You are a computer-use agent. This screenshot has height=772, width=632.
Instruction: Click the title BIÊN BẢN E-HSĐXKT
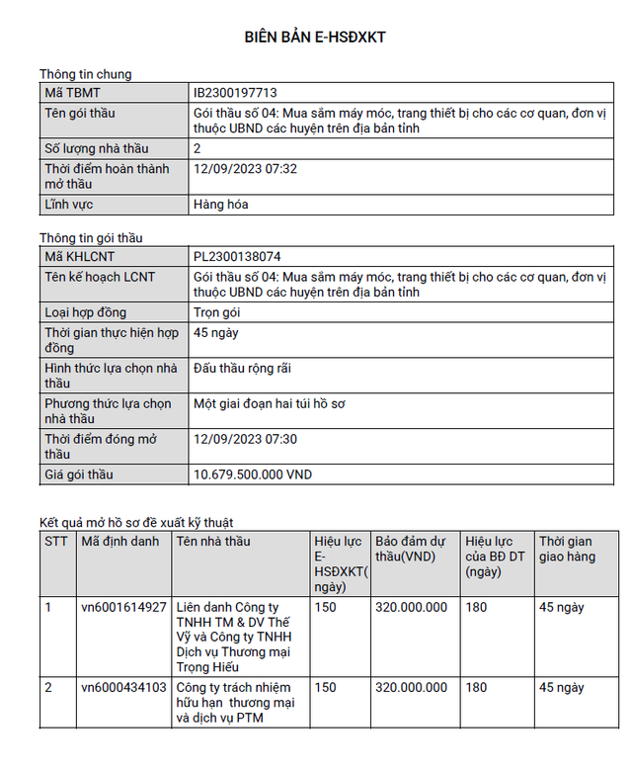(315, 38)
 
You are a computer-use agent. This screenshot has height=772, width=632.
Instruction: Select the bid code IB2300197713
(237, 93)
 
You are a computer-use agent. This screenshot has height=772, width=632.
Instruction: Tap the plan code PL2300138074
(238, 257)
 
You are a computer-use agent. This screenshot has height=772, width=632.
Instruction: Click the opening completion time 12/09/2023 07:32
(246, 169)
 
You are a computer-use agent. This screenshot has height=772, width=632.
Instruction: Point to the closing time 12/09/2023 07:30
(246, 439)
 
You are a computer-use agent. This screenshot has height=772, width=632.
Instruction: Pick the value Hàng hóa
(221, 205)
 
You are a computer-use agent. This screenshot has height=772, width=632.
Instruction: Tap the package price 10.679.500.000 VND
(253, 474)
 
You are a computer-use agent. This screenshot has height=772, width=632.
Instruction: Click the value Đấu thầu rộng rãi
(243, 369)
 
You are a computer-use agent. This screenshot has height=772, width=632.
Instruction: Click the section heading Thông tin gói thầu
(91, 238)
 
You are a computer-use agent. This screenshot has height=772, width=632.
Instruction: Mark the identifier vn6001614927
(123, 607)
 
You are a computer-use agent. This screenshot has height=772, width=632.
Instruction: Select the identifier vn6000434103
(123, 687)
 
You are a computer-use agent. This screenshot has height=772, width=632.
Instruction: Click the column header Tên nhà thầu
(213, 542)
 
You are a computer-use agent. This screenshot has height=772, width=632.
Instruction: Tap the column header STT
(56, 542)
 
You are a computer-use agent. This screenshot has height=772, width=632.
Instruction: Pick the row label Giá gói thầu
(79, 474)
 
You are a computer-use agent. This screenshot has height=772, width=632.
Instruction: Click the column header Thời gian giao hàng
(565, 549)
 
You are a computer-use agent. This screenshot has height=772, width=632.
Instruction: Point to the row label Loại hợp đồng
(86, 312)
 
